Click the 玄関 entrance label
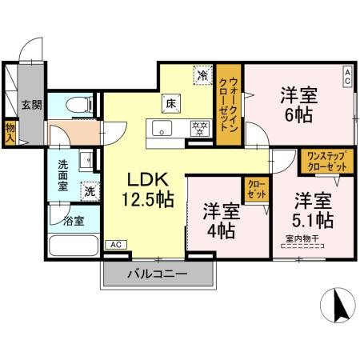pyautogui.click(x=31, y=104)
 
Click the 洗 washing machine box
pyautogui.click(x=91, y=192)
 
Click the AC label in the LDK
pyautogui.click(x=115, y=244)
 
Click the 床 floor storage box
pyautogui.click(x=171, y=102)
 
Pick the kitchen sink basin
pyautogui.click(x=162, y=129)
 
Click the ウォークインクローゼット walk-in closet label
pyautogui.click(x=231, y=105)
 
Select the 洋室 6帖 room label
pyautogui.click(x=298, y=104)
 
